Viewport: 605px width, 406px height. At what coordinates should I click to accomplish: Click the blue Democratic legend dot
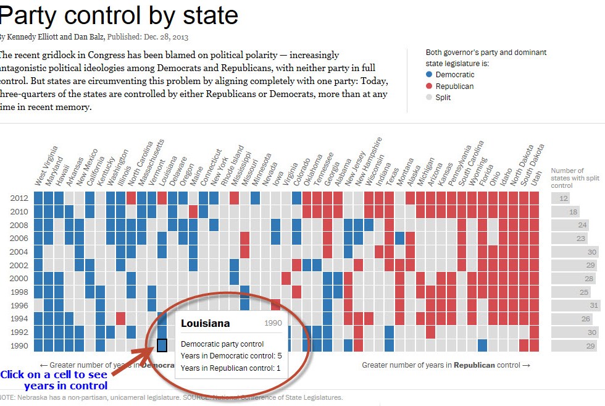point(429,75)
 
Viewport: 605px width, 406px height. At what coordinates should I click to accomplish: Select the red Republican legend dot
point(429,87)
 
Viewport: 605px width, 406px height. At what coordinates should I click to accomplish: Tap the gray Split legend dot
point(429,98)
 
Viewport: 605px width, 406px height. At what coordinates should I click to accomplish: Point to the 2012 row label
point(19,198)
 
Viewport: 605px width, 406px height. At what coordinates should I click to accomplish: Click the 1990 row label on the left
point(19,345)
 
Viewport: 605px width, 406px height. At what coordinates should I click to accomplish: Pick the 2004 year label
point(19,252)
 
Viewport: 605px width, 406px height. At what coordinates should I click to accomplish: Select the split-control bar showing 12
point(561,198)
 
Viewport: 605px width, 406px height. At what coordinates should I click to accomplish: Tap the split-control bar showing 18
point(565,212)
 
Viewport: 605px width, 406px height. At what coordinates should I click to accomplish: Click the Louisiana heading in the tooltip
point(205,323)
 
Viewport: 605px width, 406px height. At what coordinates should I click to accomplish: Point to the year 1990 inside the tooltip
point(273,323)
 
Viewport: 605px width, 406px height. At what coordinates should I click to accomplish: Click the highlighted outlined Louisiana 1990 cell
point(162,345)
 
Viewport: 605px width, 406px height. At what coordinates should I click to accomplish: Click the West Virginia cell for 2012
point(38,198)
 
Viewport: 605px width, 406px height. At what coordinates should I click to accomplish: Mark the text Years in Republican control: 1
point(231,368)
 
